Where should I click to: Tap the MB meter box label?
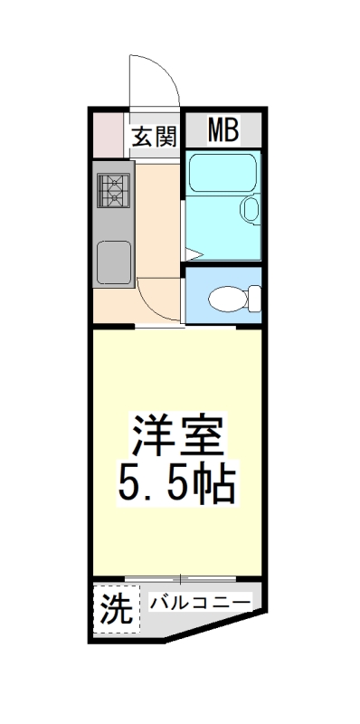point(223,132)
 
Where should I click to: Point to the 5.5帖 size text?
point(177,486)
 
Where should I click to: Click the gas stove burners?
point(114,190)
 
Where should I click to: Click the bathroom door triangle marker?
point(194,252)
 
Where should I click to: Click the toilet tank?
point(254,296)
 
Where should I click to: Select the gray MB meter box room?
point(223,132)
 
